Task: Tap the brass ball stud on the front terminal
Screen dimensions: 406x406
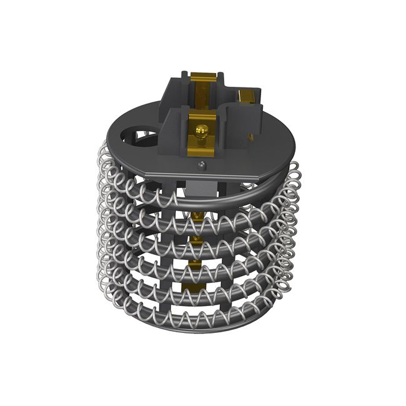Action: click(201, 131)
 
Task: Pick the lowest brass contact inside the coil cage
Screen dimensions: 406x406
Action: click(192, 288)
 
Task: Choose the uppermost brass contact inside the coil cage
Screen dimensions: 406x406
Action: click(198, 215)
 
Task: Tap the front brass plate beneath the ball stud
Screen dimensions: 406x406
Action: click(201, 145)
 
